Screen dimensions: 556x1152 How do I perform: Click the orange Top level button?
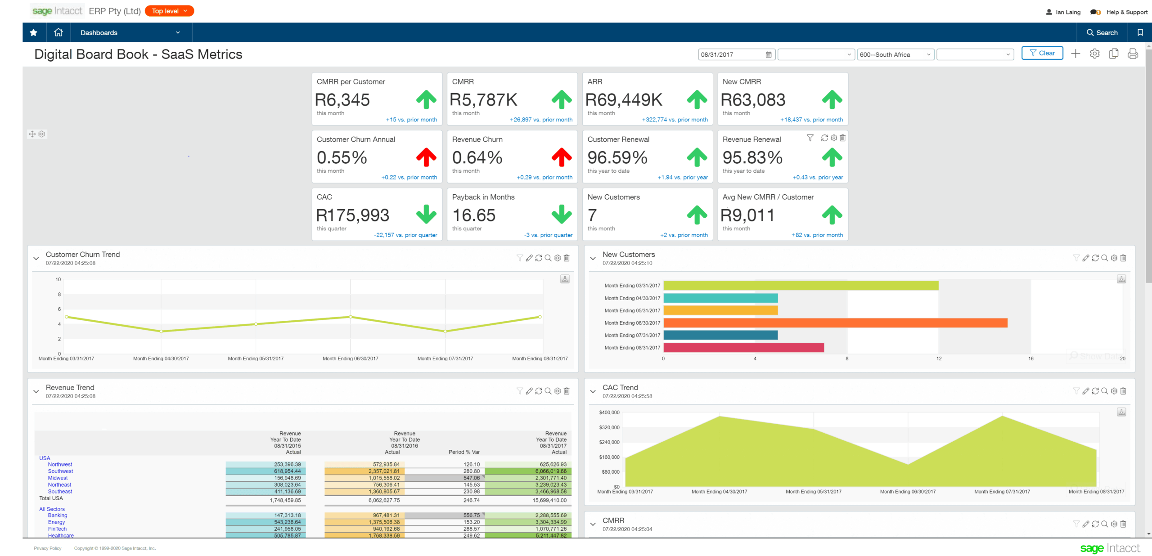point(169,11)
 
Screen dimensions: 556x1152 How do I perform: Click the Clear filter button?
point(1042,53)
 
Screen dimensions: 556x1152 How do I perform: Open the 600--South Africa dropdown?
point(895,54)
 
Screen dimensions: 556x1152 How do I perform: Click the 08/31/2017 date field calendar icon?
point(769,54)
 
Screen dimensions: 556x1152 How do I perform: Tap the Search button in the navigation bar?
point(1102,32)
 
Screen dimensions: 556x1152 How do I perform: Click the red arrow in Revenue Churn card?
point(562,157)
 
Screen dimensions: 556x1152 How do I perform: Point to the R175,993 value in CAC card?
point(352,215)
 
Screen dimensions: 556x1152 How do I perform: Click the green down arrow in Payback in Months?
point(562,215)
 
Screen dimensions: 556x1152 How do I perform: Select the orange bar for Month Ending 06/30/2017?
point(835,323)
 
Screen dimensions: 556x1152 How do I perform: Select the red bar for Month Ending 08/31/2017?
point(743,347)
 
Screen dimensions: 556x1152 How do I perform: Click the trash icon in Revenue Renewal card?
point(842,138)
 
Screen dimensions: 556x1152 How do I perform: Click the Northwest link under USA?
point(60,464)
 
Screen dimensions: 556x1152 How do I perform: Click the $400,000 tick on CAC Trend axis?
point(609,412)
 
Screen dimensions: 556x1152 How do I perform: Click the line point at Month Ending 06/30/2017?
point(351,317)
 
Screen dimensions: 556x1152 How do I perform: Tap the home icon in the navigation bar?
point(58,32)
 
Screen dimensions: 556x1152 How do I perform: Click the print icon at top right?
point(1133,54)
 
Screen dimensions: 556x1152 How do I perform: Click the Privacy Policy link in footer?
point(47,548)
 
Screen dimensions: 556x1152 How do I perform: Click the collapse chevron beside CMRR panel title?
point(593,524)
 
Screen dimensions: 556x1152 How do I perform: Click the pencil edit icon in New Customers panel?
point(1085,258)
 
